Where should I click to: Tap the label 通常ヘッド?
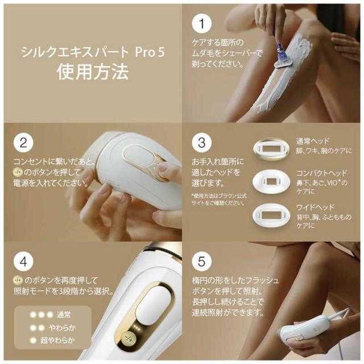tap(312, 140)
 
